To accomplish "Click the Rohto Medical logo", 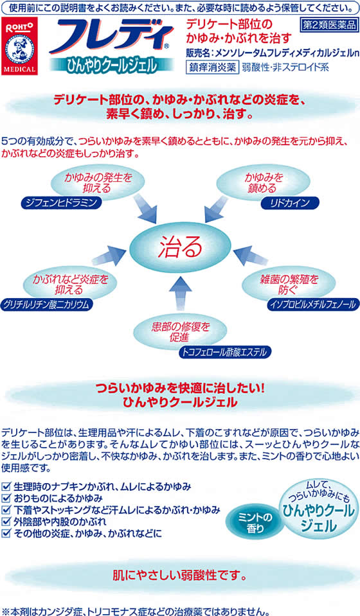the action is point(19,46).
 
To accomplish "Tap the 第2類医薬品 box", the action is point(329,25).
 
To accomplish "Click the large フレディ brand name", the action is point(111,37).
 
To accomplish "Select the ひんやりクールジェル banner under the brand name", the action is point(111,64).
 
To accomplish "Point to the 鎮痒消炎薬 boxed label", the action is point(212,67).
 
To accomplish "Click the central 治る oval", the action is point(180,247).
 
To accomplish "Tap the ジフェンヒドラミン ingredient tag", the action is point(61,203).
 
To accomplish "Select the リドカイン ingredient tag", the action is point(290,203).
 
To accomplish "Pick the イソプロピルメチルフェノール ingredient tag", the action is point(313,304).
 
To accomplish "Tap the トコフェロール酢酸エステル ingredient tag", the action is point(225,351).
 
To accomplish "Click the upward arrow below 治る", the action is point(181,293).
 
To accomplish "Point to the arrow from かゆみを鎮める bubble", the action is point(216,209).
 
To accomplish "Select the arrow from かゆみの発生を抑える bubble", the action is point(145,208).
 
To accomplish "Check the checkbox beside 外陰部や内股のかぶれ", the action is point(6,522).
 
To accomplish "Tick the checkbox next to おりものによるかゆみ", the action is point(6,498).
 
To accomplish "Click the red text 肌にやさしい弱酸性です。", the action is point(180,576).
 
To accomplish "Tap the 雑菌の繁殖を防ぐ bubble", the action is point(289,285).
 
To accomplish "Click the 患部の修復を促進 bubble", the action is point(181,332).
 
